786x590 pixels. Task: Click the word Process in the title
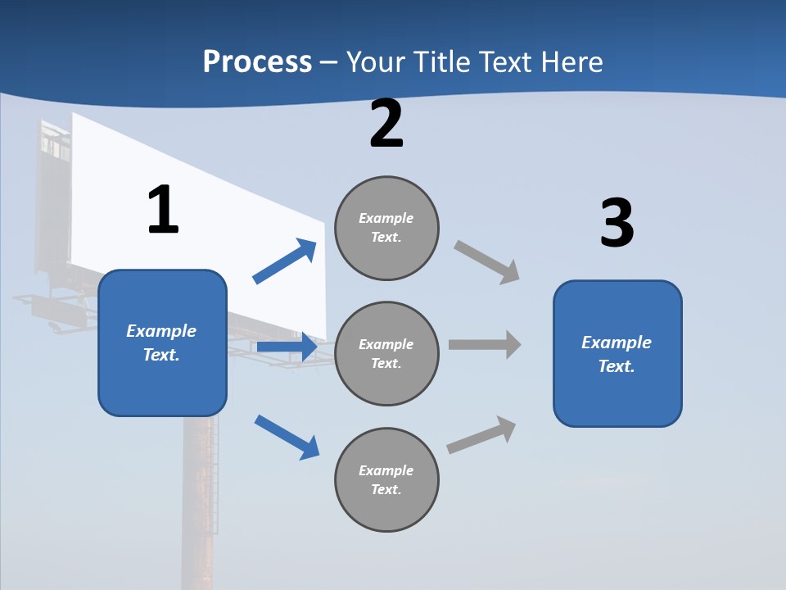click(x=257, y=62)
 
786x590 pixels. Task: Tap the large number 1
click(x=163, y=211)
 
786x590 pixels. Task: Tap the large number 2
click(x=386, y=125)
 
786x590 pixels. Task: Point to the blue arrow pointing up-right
click(x=285, y=261)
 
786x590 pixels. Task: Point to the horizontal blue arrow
click(x=287, y=347)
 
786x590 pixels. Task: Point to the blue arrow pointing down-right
click(x=287, y=437)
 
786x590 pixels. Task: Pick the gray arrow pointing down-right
click(x=487, y=262)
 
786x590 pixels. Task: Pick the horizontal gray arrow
click(x=485, y=345)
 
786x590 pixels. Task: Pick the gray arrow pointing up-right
click(x=482, y=435)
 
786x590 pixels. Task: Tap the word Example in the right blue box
click(x=617, y=343)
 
